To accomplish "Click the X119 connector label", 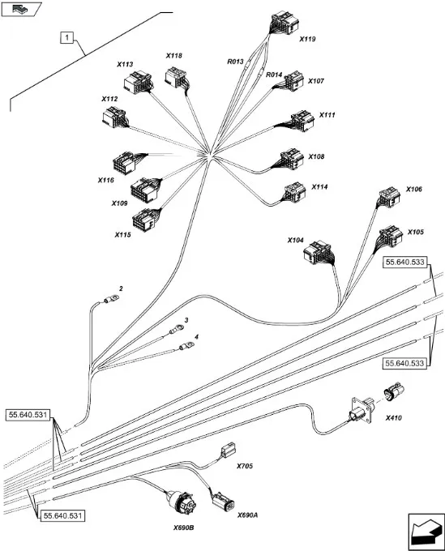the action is pyautogui.click(x=307, y=39).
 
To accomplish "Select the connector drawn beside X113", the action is pyautogui.click(x=138, y=82).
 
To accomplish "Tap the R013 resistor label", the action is pyautogui.click(x=235, y=62).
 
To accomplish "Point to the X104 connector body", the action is pyautogui.click(x=318, y=252).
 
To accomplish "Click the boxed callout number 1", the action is pyautogui.click(x=67, y=37).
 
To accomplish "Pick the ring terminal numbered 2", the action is pyautogui.click(x=111, y=300).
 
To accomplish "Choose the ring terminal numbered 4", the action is pyautogui.click(x=186, y=346).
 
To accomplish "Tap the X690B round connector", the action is pyautogui.click(x=181, y=502).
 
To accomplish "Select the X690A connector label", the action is pyautogui.click(x=247, y=515).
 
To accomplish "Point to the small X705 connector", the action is pyautogui.click(x=228, y=451).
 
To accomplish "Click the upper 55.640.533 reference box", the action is pyautogui.click(x=405, y=263).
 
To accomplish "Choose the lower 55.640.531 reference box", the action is pyautogui.click(x=62, y=516).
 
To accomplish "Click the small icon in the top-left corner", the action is pyautogui.click(x=21, y=9).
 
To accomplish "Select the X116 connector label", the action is pyautogui.click(x=106, y=180).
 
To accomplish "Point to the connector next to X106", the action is pyautogui.click(x=389, y=198).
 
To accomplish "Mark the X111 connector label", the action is pyautogui.click(x=327, y=115).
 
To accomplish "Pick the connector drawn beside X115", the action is pyautogui.click(x=145, y=218).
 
